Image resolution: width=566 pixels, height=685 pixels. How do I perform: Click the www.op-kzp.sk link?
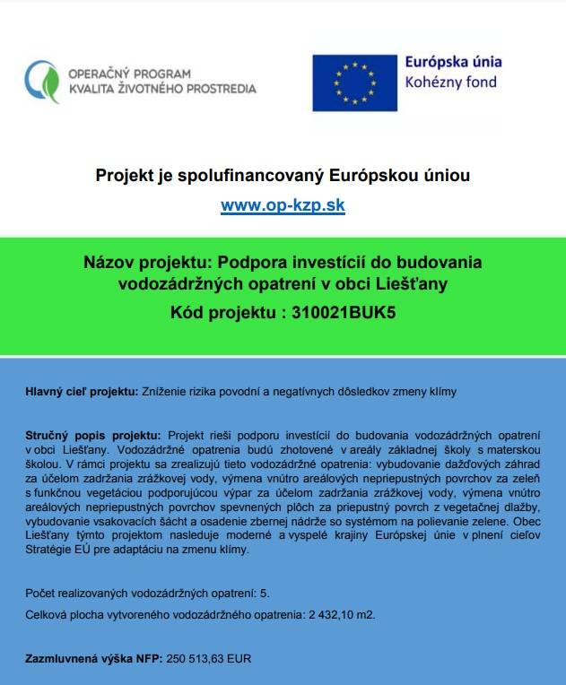(x=283, y=205)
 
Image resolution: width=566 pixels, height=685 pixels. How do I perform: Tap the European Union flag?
(x=354, y=83)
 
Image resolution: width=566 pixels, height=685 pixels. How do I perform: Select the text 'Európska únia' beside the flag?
(x=453, y=63)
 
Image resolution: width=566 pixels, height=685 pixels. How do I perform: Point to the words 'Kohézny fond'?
(x=450, y=83)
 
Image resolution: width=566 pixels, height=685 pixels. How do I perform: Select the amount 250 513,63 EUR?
(x=209, y=658)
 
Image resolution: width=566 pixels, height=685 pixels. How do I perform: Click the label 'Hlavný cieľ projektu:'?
(x=81, y=393)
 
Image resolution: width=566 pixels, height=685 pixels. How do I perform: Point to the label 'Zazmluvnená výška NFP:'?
(x=94, y=658)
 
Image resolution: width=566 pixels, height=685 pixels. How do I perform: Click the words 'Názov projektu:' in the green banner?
(x=137, y=263)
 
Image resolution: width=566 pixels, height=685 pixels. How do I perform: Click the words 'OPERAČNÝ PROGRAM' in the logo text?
(x=129, y=74)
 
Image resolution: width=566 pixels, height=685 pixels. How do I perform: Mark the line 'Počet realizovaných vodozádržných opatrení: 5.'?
(x=148, y=594)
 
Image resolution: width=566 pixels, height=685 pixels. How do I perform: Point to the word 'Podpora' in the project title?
(x=228, y=263)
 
